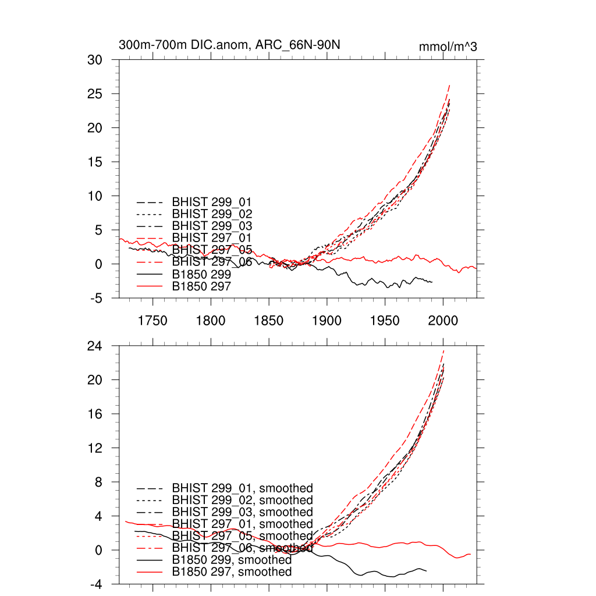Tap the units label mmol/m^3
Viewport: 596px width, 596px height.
point(448,47)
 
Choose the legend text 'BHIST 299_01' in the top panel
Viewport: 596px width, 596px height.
point(212,201)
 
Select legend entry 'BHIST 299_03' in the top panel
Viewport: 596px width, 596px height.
point(212,225)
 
